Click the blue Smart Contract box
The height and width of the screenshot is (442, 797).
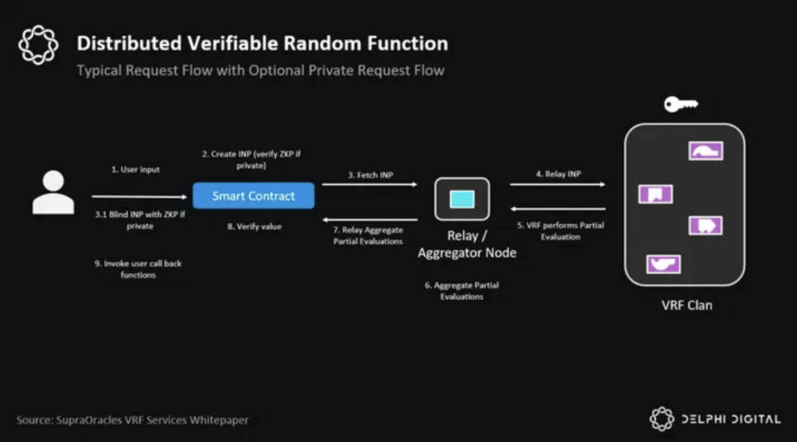click(254, 196)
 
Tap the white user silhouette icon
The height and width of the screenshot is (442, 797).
click(54, 192)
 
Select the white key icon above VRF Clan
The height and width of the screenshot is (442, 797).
click(681, 104)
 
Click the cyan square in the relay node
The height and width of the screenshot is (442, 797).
click(462, 199)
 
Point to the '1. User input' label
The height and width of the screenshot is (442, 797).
click(136, 169)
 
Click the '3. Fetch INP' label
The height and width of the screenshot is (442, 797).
click(371, 175)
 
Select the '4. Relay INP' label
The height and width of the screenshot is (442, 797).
click(558, 174)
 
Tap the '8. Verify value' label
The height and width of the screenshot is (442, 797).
click(254, 226)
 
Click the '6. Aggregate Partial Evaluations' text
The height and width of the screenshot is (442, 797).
click(462, 291)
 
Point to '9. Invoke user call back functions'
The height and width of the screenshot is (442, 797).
click(139, 268)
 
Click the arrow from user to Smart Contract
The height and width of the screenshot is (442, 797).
click(140, 196)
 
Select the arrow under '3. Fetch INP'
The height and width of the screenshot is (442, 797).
click(370, 184)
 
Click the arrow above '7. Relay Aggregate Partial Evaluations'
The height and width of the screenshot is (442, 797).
click(370, 219)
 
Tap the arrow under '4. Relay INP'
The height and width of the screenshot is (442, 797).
click(558, 184)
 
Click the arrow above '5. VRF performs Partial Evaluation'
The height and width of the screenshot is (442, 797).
click(558, 209)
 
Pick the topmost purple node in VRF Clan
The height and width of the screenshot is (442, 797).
click(706, 151)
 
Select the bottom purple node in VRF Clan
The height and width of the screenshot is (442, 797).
click(663, 264)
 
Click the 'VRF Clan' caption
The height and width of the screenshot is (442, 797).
click(687, 306)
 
